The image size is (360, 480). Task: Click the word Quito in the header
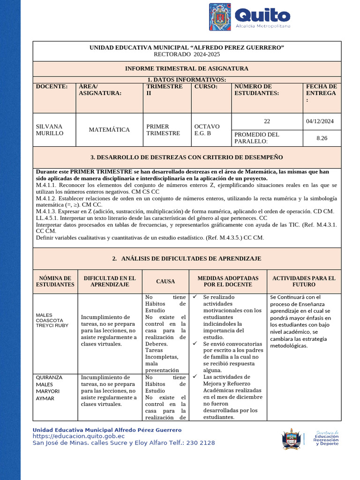pyautogui.click(x=262, y=15)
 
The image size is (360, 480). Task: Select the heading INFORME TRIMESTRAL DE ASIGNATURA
pyautogui.click(x=187, y=68)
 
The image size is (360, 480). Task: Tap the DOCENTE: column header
pyautogui.click(x=52, y=87)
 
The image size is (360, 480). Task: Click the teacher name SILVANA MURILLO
pyautogui.click(x=49, y=130)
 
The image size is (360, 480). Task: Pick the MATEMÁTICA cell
pyautogui.click(x=109, y=129)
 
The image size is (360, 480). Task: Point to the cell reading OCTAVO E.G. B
pyautogui.click(x=207, y=130)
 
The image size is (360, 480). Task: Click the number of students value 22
pyautogui.click(x=267, y=121)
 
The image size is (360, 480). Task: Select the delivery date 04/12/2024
pyautogui.click(x=320, y=121)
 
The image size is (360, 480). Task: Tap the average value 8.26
pyautogui.click(x=322, y=138)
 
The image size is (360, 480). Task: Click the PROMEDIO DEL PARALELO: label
pyautogui.click(x=256, y=138)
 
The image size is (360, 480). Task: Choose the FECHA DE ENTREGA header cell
pyautogui.click(x=321, y=93)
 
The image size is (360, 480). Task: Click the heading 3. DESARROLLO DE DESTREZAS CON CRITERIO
pyautogui.click(x=187, y=157)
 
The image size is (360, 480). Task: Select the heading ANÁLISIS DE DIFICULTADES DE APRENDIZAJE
pyautogui.click(x=191, y=259)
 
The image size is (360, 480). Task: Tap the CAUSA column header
pyautogui.click(x=165, y=282)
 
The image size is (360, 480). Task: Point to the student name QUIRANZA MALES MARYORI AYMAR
pyautogui.click(x=49, y=388)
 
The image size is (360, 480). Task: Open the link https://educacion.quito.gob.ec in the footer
pyautogui.click(x=78, y=436)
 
